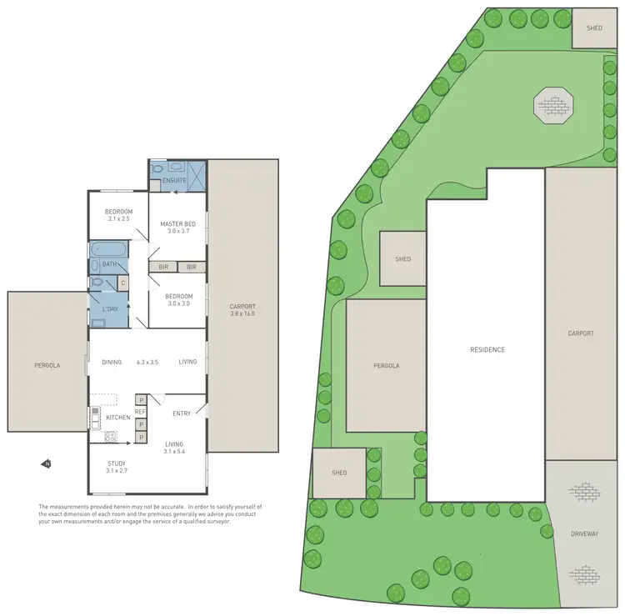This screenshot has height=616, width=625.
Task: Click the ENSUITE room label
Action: (174, 180)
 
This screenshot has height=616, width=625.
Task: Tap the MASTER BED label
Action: (177, 223)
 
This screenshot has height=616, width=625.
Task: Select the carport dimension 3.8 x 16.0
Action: (242, 313)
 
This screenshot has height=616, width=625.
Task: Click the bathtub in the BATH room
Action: (107, 249)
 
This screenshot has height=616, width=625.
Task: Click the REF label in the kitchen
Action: (140, 412)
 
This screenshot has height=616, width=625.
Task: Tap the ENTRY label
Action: (182, 413)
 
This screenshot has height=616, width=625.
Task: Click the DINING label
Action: (112, 362)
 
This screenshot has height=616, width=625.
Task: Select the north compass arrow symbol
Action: (47, 463)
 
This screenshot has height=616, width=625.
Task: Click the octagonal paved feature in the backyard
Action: (554, 105)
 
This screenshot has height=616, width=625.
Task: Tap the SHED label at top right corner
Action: (594, 28)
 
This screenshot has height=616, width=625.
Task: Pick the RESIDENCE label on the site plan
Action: (487, 349)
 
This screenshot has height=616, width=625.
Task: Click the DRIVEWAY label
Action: (584, 533)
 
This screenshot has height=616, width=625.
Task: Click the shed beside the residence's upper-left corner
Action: (403, 259)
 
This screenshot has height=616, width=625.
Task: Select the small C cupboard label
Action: (122, 283)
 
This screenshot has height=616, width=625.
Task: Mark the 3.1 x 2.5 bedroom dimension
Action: (118, 219)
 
